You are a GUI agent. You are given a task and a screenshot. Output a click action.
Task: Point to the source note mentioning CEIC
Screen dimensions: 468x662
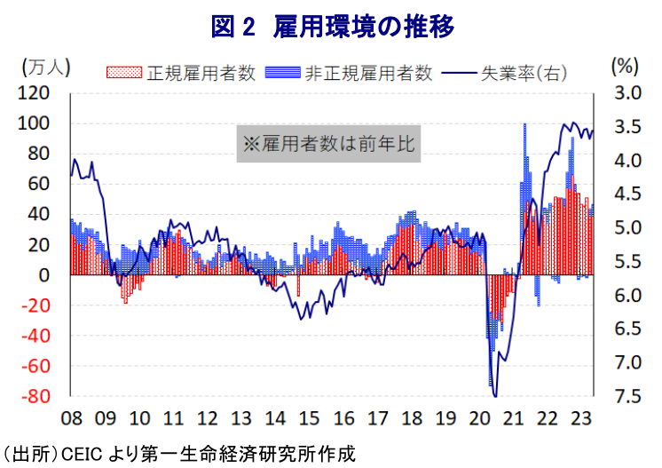coord(177,454)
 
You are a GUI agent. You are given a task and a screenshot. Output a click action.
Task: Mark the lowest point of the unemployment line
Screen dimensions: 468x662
coord(494,396)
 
